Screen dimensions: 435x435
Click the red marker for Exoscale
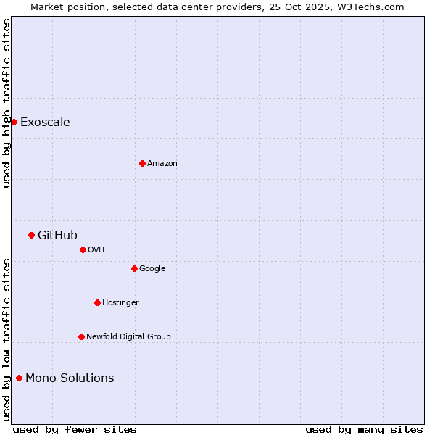pyautogui.click(x=14, y=122)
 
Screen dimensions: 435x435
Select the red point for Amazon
pyautogui.click(x=142, y=163)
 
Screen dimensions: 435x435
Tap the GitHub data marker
pyautogui.click(x=31, y=235)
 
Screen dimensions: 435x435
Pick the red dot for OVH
pyautogui.click(x=83, y=249)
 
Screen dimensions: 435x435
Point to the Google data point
pyautogui.click(x=134, y=268)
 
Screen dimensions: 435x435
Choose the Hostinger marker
pyautogui.click(x=97, y=302)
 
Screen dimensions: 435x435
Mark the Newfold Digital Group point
pyautogui.click(x=81, y=336)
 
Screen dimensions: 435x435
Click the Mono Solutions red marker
pyautogui.click(x=19, y=378)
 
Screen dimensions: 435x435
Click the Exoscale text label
pyautogui.click(x=45, y=122)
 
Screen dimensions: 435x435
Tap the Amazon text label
pyautogui.click(x=162, y=163)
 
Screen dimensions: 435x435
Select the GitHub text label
pyautogui.click(x=57, y=235)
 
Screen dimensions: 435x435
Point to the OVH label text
pyautogui.click(x=96, y=249)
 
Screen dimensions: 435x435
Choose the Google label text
pyautogui.click(x=152, y=268)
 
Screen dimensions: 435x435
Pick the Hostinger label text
pyautogui.click(x=120, y=302)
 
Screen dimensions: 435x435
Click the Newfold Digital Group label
pyautogui.click(x=128, y=336)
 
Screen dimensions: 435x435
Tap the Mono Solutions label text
pyautogui.click(x=70, y=378)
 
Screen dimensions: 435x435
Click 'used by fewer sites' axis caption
pyautogui.click(x=75, y=429)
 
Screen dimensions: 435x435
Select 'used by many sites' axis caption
pyautogui.click(x=364, y=429)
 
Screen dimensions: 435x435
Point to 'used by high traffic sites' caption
pyautogui.click(x=7, y=103)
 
